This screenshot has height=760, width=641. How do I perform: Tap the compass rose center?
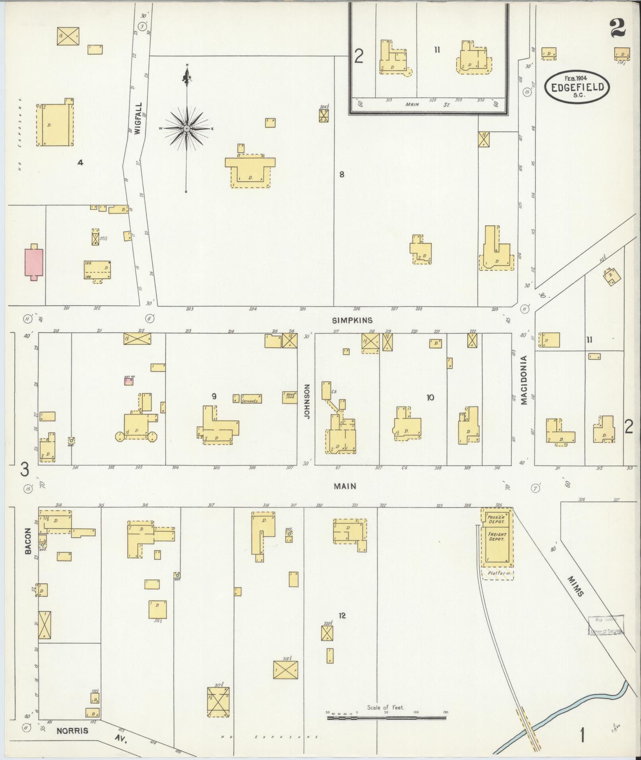coord(186,128)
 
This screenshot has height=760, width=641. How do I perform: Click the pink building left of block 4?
coord(34,262)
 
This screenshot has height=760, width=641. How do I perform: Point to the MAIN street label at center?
coord(345,486)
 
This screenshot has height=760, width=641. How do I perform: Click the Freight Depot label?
coord(497,536)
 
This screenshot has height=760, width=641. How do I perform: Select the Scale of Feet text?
coord(385,707)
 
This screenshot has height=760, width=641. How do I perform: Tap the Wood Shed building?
coord(290,397)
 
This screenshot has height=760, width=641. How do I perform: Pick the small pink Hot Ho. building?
coord(128,381)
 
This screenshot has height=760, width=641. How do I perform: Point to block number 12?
coord(342,616)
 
